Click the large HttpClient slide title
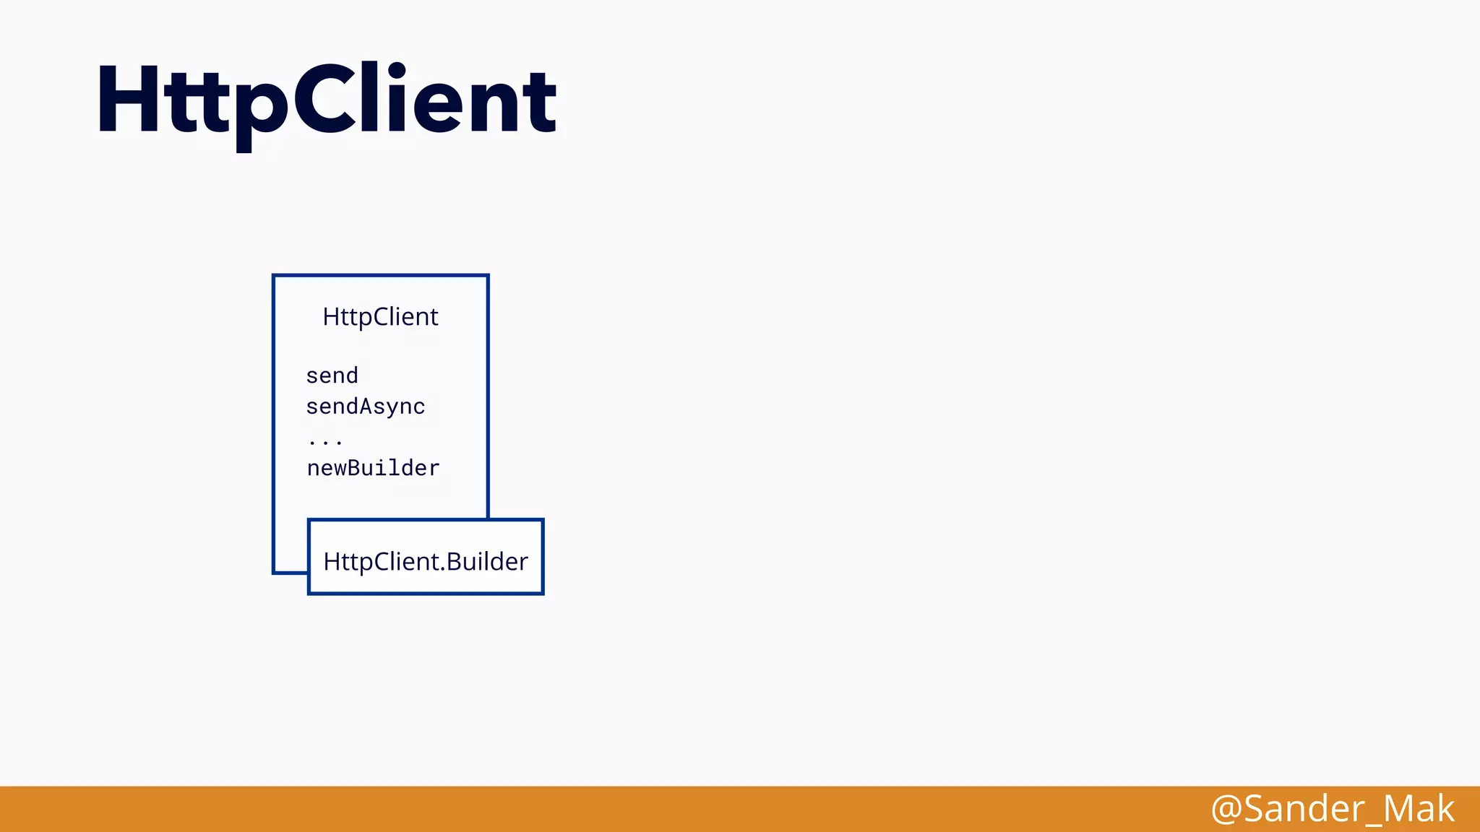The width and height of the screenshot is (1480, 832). point(327,101)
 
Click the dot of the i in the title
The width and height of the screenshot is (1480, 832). point(397,71)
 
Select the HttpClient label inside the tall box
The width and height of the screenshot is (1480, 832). point(380,317)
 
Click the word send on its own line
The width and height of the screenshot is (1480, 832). point(332,376)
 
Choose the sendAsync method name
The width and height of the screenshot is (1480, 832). point(365,407)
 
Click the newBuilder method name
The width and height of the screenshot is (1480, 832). point(373,468)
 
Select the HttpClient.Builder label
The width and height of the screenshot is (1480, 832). point(426,562)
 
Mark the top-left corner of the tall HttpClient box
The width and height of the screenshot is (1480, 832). point(274,276)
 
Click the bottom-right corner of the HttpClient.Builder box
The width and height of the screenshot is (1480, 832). point(542,593)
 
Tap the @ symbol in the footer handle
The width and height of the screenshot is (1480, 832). point(1226,809)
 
